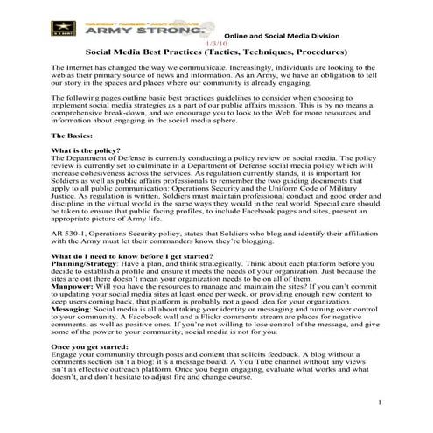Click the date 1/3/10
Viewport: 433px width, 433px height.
tap(214, 42)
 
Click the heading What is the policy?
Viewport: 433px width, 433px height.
tap(87, 151)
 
